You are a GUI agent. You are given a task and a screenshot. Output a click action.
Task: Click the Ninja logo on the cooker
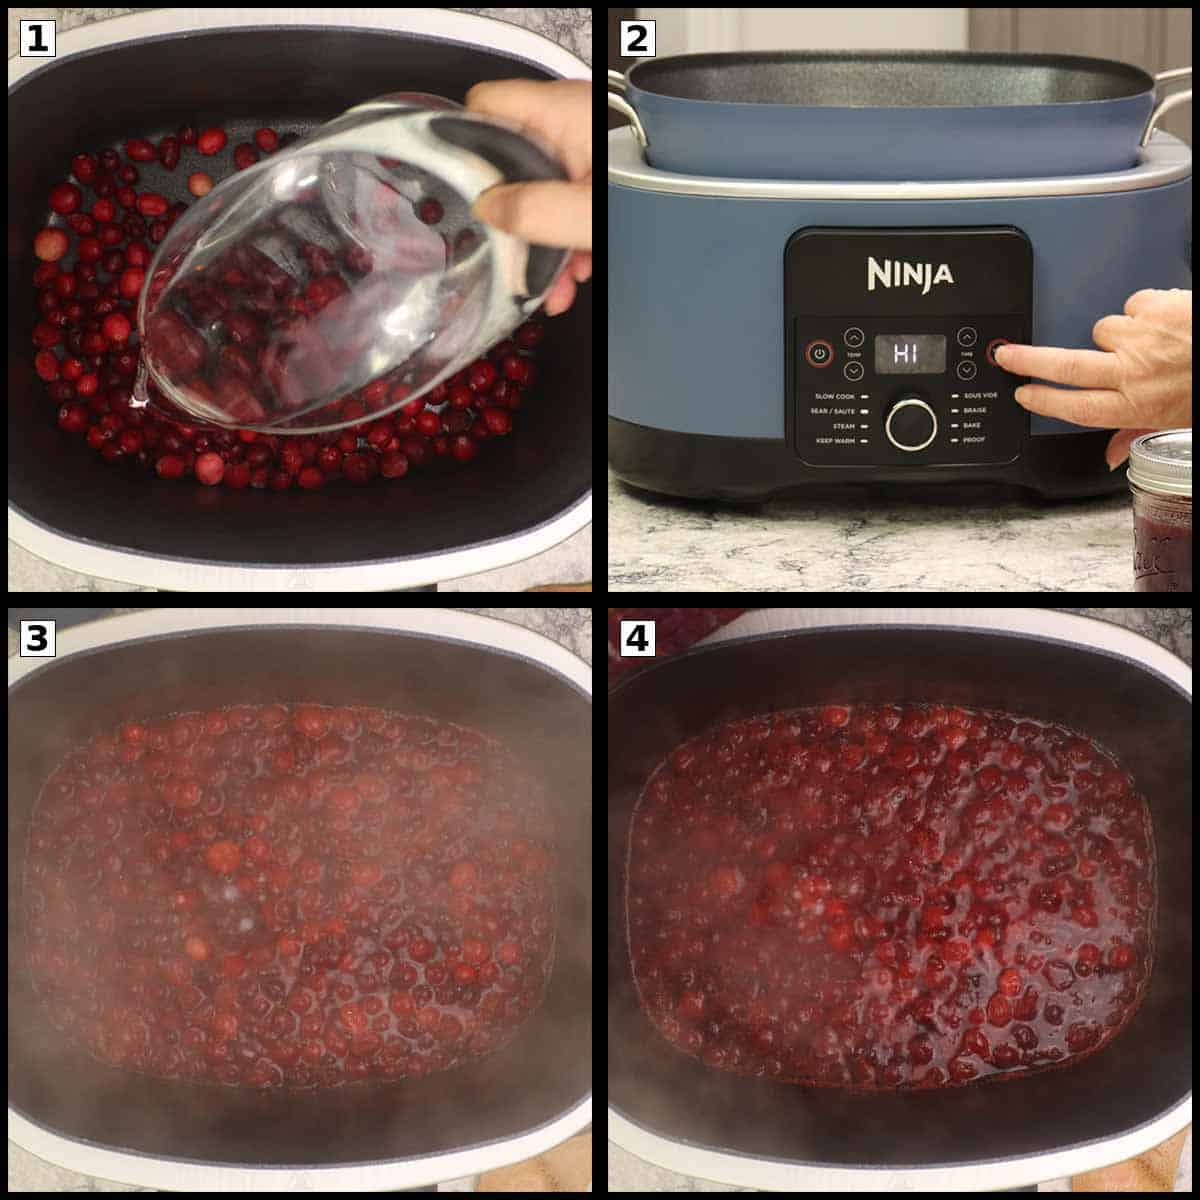point(909,273)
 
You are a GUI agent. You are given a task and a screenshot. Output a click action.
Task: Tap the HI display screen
point(910,353)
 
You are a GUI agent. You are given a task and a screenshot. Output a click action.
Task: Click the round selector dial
point(910,424)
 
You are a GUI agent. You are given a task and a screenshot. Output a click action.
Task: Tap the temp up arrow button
point(853,337)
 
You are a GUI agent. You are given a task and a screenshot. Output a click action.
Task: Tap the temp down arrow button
point(853,371)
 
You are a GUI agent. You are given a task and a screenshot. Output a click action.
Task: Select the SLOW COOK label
point(834,397)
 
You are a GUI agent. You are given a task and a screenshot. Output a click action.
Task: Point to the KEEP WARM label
point(835,440)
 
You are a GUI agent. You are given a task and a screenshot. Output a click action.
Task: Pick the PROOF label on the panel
point(974,440)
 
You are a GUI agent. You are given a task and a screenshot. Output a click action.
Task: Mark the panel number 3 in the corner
point(37,638)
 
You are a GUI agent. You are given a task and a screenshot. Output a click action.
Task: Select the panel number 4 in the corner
point(637,638)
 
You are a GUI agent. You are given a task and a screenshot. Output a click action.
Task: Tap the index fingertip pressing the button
point(1002,353)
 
